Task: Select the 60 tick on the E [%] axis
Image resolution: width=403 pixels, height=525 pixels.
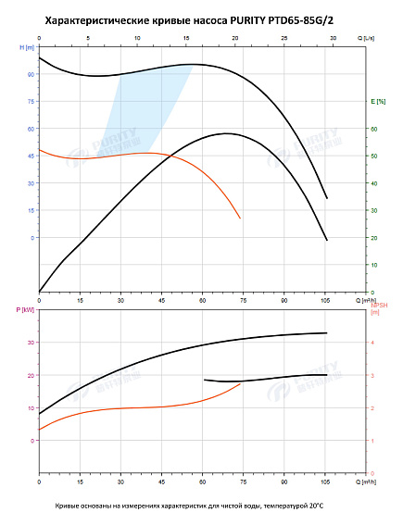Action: (x=374, y=129)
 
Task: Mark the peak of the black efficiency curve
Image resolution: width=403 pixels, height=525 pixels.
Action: (x=226, y=133)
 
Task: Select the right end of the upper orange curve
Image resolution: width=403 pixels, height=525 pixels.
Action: (x=240, y=218)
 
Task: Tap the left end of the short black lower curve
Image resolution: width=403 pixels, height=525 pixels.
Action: (x=204, y=380)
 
